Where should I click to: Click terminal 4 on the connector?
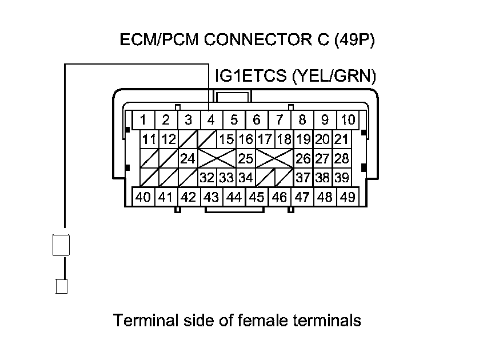click(x=211, y=121)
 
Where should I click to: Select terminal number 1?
click(x=143, y=121)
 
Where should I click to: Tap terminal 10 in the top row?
click(x=347, y=121)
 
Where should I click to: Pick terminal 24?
click(x=188, y=158)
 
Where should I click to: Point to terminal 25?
click(x=246, y=158)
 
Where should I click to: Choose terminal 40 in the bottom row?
click(x=143, y=197)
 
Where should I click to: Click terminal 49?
click(x=347, y=197)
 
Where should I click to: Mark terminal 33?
click(x=227, y=178)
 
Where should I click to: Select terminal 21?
click(x=341, y=139)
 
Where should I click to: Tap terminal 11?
click(x=150, y=139)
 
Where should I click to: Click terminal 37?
click(x=303, y=178)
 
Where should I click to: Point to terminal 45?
click(x=257, y=197)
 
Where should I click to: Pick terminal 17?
click(x=264, y=139)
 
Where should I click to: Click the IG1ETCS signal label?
click(x=251, y=76)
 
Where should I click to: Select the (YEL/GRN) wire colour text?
click(x=333, y=76)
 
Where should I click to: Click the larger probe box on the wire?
click(x=62, y=245)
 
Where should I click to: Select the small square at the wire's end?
click(x=62, y=286)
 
